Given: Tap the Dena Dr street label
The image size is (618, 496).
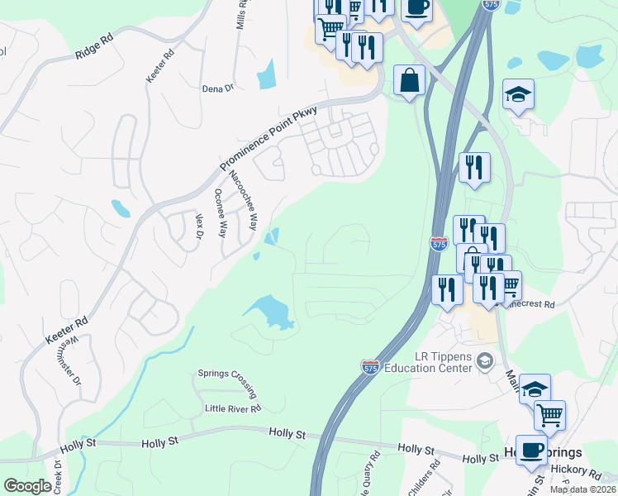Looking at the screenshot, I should pos(218,88).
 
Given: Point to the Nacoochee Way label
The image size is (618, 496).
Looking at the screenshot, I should pos(243,199).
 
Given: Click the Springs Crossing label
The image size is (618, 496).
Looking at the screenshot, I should pos(228,373).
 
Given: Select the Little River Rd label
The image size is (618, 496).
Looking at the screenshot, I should pos(233,408).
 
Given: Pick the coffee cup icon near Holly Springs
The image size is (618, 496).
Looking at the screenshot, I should pos(531,450).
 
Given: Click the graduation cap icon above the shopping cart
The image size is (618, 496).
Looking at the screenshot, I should pos(535,389).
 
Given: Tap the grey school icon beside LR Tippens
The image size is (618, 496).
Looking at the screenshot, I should pos(486,360).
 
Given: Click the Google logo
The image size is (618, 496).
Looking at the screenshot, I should pos(27,486).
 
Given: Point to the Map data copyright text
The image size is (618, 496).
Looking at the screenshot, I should pos(583,489).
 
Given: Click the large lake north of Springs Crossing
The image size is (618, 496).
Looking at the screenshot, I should pos(270,312).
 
